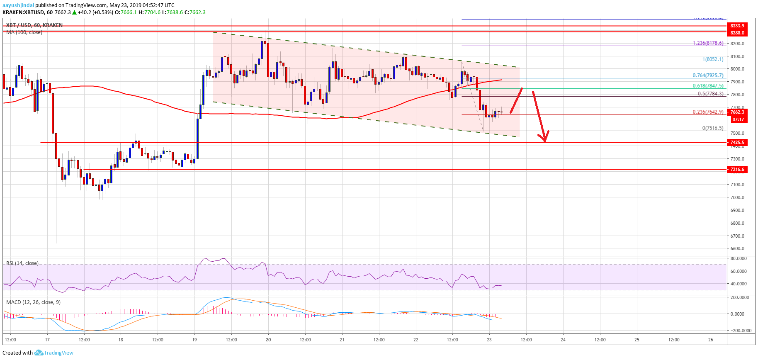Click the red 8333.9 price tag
pyautogui.click(x=737, y=26)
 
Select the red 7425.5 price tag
pyautogui.click(x=737, y=142)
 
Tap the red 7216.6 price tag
pyautogui.click(x=737, y=169)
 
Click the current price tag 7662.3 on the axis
pyautogui.click(x=737, y=112)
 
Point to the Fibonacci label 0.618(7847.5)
pyautogui.click(x=708, y=86)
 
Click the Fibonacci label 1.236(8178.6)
pyautogui.click(x=708, y=43)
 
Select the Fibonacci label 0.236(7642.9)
pyautogui.click(x=708, y=112)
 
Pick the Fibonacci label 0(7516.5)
pyautogui.click(x=712, y=128)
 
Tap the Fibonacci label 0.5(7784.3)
pyautogui.click(x=710, y=94)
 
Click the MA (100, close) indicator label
pyautogui.click(x=24, y=32)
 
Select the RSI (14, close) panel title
pyautogui.click(x=22, y=263)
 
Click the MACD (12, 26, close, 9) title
pyautogui.click(x=33, y=302)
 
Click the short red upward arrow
pyautogui.click(x=516, y=101)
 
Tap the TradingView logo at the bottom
pyautogui.click(x=54, y=353)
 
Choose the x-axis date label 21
pyautogui.click(x=342, y=340)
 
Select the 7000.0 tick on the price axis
pyautogui.click(x=737, y=197)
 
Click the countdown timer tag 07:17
pyautogui.click(x=738, y=119)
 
